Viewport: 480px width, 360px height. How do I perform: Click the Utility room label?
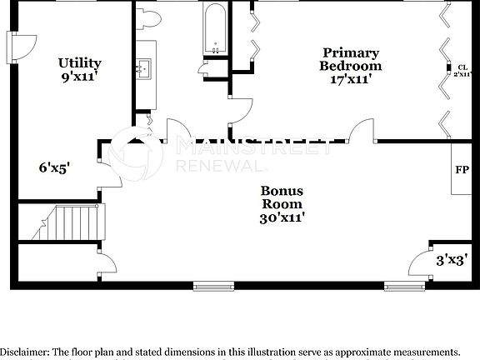click(x=80, y=62)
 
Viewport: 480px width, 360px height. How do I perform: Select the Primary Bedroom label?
click(x=351, y=59)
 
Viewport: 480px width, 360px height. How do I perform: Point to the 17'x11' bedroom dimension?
click(x=351, y=79)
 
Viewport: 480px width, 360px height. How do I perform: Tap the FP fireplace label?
click(x=461, y=170)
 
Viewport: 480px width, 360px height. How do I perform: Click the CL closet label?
click(x=461, y=67)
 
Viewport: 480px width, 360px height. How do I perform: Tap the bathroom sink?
click(x=145, y=67)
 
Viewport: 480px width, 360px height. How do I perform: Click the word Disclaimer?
click(x=27, y=351)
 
